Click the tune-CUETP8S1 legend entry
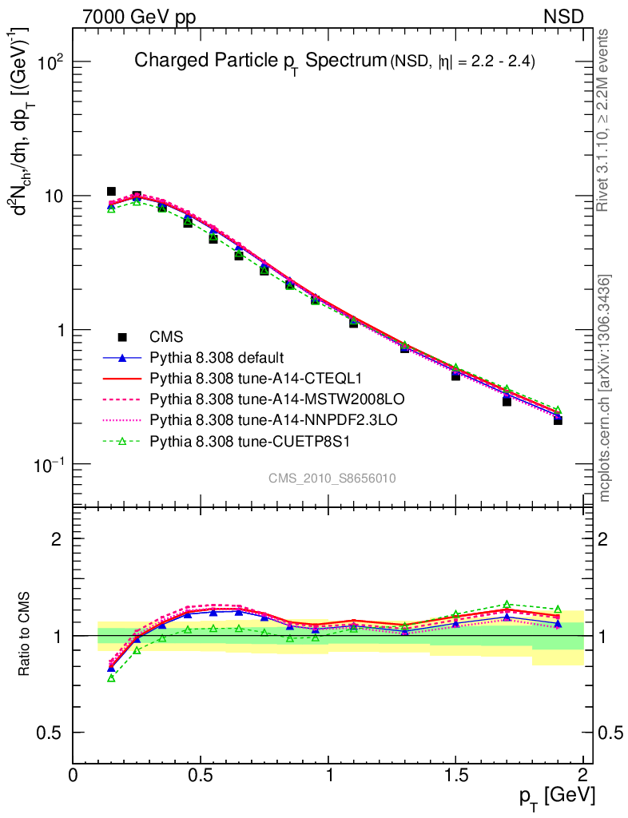click(240, 438)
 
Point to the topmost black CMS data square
click(111, 192)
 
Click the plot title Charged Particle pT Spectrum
click(260, 61)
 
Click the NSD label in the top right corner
click(564, 16)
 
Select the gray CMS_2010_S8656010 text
click(332, 478)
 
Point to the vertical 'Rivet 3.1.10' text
click(605, 120)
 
